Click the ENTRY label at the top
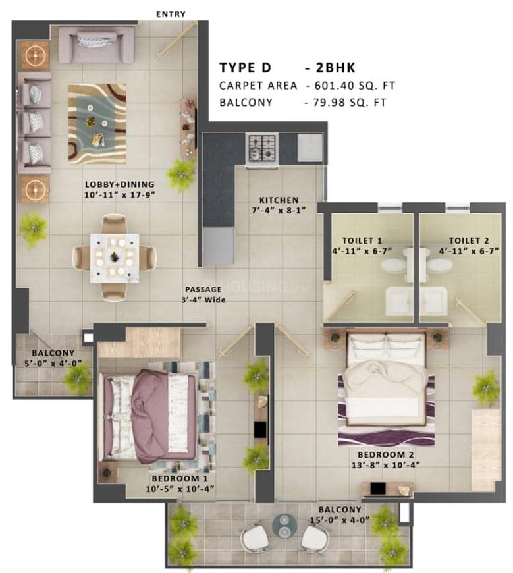point(171,14)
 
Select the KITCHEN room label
point(279,200)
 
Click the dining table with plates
point(115,258)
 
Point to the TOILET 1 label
point(362,240)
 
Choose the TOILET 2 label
point(469,240)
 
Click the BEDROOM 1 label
point(180,478)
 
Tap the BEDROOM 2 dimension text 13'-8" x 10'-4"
point(385,465)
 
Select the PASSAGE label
point(203,289)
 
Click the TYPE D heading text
point(245,68)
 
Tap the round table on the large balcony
point(284,526)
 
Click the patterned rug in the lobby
point(97,124)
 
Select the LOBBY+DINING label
point(119,184)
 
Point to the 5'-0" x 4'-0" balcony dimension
point(53,364)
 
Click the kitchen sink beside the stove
point(310,148)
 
